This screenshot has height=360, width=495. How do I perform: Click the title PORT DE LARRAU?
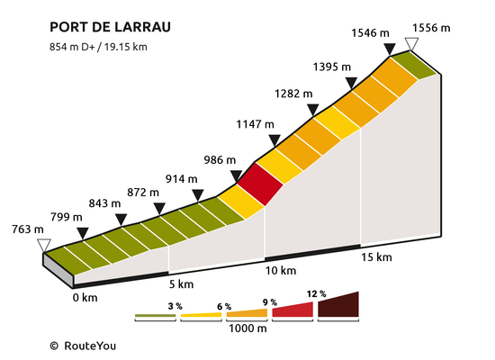click(x=110, y=27)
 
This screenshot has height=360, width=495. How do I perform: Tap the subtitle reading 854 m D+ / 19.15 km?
click(x=98, y=47)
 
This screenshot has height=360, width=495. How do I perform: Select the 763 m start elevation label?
click(x=28, y=229)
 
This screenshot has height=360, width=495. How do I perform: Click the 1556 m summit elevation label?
click(x=431, y=28)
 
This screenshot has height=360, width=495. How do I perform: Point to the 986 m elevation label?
click(x=220, y=160)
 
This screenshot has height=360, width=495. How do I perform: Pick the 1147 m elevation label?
click(x=255, y=124)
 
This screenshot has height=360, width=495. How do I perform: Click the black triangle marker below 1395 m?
click(x=351, y=83)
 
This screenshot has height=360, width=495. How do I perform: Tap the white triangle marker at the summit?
click(x=411, y=44)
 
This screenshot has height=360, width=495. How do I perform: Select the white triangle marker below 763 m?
click(x=44, y=246)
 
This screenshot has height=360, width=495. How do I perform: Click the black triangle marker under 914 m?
click(x=198, y=195)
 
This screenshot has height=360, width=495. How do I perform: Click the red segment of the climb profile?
click(x=260, y=184)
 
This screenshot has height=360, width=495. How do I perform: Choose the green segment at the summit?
click(x=414, y=65)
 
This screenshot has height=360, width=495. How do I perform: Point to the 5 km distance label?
click(x=181, y=284)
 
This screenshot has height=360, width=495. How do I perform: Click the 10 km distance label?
click(x=281, y=271)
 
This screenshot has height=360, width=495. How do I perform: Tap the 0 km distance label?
click(x=85, y=298)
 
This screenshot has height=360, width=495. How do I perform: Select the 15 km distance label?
click(x=376, y=257)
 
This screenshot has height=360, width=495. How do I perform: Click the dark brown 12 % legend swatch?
click(x=338, y=305)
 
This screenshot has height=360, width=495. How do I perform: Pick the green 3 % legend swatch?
click(x=156, y=316)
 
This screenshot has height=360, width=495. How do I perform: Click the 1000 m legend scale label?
click(x=247, y=328)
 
